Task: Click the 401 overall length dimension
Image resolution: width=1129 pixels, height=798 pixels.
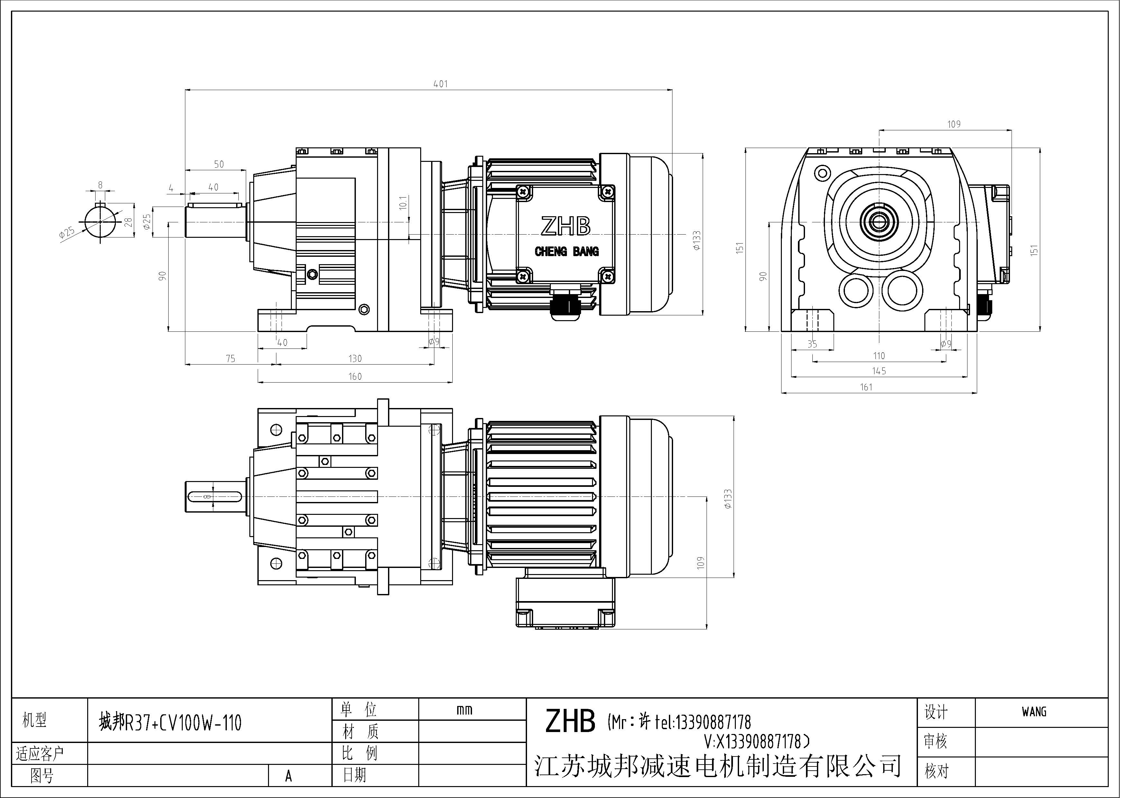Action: pyautogui.click(x=440, y=84)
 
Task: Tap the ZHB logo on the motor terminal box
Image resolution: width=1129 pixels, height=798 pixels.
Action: pyautogui.click(x=566, y=227)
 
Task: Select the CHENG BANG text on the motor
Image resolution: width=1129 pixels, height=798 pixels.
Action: pyautogui.click(x=567, y=252)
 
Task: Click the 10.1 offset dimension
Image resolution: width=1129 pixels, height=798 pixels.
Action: pyautogui.click(x=403, y=203)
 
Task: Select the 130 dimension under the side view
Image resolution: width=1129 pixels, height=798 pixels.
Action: pyautogui.click(x=355, y=358)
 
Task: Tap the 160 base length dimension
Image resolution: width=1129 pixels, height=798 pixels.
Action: pyautogui.click(x=355, y=376)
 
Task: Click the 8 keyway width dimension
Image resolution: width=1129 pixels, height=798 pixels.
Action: pyautogui.click(x=100, y=185)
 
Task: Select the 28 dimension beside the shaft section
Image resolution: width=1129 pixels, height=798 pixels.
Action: pyautogui.click(x=129, y=222)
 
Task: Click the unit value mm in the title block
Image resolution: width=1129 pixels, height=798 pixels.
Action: pyautogui.click(x=464, y=710)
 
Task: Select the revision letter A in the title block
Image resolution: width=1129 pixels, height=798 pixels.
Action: pyautogui.click(x=288, y=775)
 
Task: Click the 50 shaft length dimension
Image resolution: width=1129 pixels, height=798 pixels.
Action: pyautogui.click(x=219, y=164)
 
